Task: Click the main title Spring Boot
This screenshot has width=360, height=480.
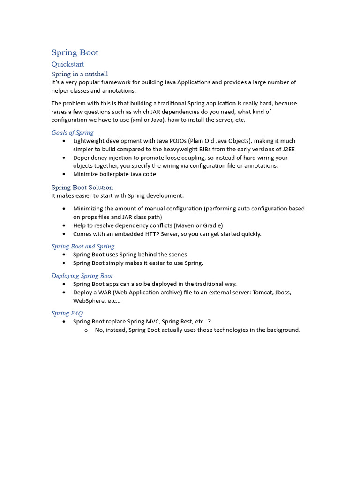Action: click(75, 52)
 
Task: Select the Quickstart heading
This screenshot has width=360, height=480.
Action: click(67, 64)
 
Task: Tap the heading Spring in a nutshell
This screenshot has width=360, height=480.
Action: click(80, 74)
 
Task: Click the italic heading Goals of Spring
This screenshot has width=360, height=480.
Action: click(72, 133)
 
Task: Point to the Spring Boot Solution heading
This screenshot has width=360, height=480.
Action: click(82, 187)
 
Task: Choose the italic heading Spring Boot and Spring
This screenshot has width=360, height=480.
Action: click(83, 247)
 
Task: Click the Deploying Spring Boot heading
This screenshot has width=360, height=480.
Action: click(82, 276)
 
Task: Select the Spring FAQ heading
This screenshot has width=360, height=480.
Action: click(67, 314)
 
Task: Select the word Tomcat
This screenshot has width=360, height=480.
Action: click(264, 292)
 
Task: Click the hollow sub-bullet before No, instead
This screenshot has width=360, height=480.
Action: click(86, 330)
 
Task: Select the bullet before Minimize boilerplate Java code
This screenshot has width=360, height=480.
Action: click(64, 174)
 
